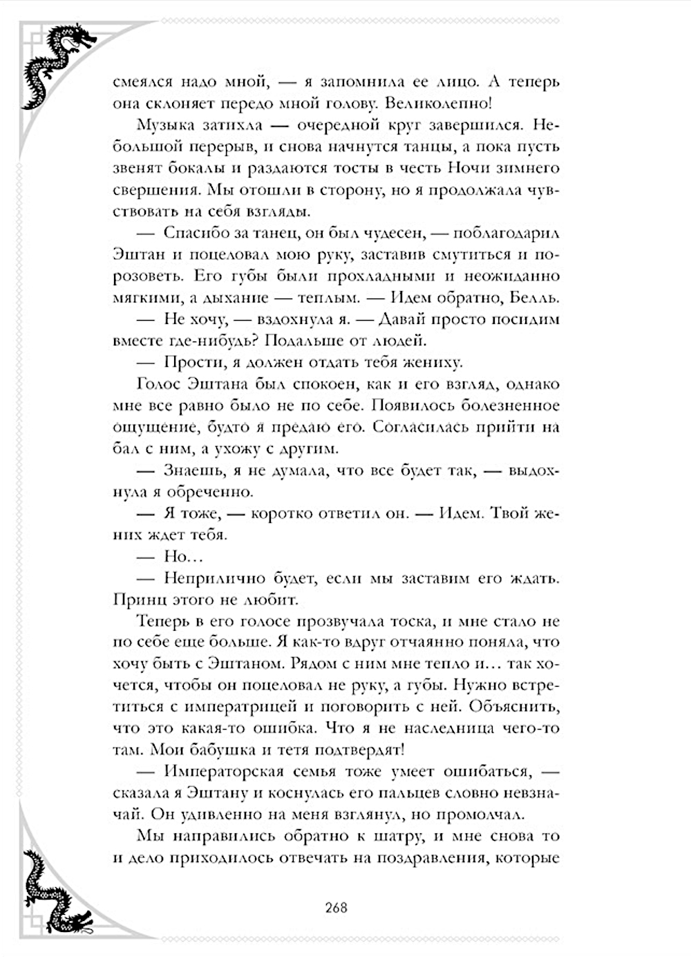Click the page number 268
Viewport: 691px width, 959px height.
(x=336, y=907)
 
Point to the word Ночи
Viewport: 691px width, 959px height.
(x=469, y=168)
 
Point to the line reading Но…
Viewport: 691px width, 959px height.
(x=176, y=556)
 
